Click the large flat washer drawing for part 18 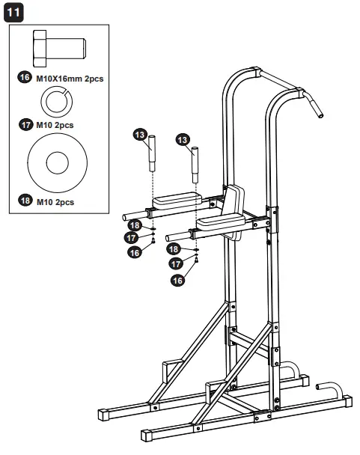click(57, 162)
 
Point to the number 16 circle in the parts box click(24, 78)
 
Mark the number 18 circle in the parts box click(24, 201)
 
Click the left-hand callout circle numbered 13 click(139, 134)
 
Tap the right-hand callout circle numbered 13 click(182, 140)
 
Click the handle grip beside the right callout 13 click(196, 159)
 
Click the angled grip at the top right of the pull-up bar click(314, 106)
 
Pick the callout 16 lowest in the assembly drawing click(177, 281)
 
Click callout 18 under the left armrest click(134, 225)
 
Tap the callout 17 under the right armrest click(177, 264)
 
